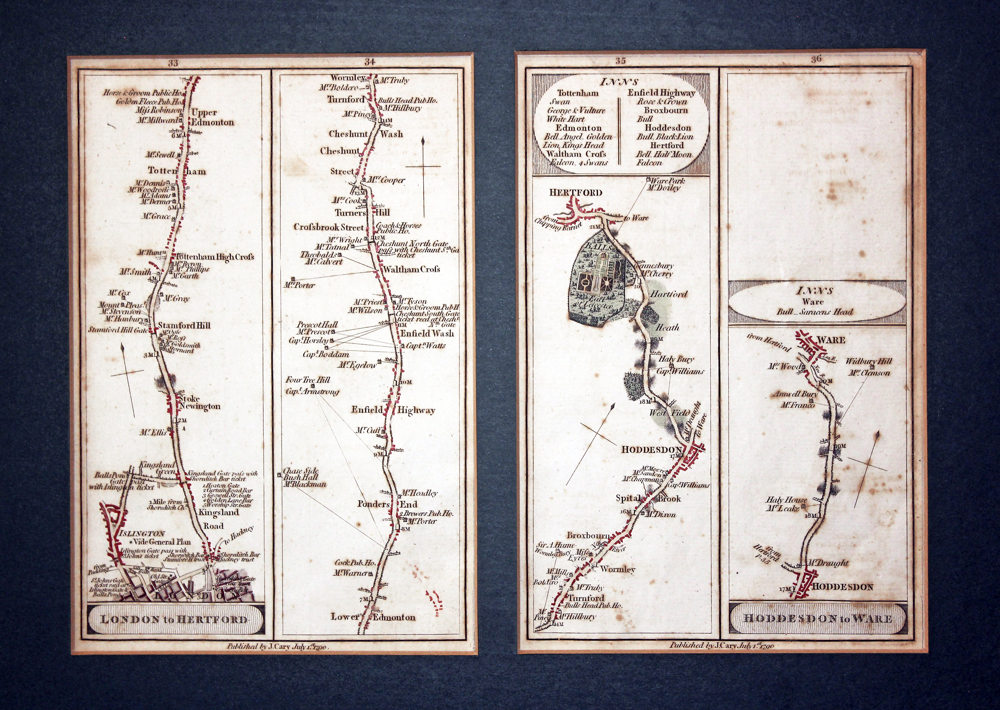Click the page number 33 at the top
173,63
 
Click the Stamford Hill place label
184,326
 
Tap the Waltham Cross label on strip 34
412,269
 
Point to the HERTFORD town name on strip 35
576,193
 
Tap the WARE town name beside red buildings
831,340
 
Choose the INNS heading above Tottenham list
619,82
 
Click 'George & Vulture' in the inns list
576,111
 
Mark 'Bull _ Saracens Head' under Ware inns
815,312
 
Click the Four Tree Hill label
308,380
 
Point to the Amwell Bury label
795,394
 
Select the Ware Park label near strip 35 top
668,181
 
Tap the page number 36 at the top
816,59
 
